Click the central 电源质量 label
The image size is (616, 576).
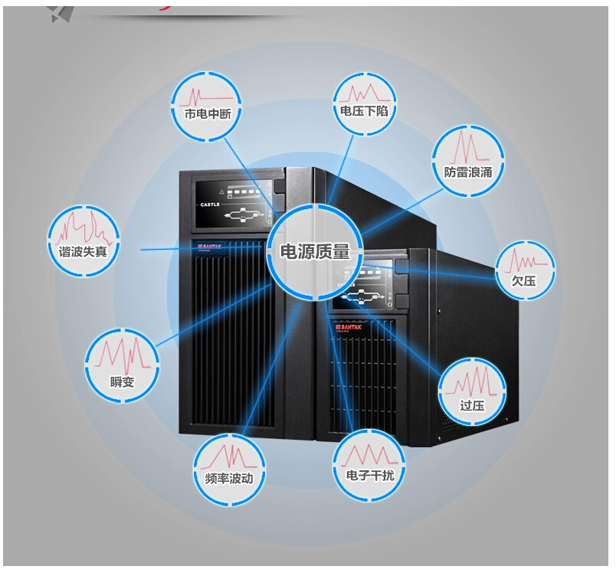(x=315, y=252)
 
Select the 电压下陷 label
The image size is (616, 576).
(x=365, y=111)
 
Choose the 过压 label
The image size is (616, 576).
(x=472, y=404)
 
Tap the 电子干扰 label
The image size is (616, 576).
(x=365, y=475)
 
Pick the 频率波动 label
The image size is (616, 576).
(x=229, y=478)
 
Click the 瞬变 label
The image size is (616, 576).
(x=123, y=381)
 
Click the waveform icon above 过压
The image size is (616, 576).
(x=472, y=381)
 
